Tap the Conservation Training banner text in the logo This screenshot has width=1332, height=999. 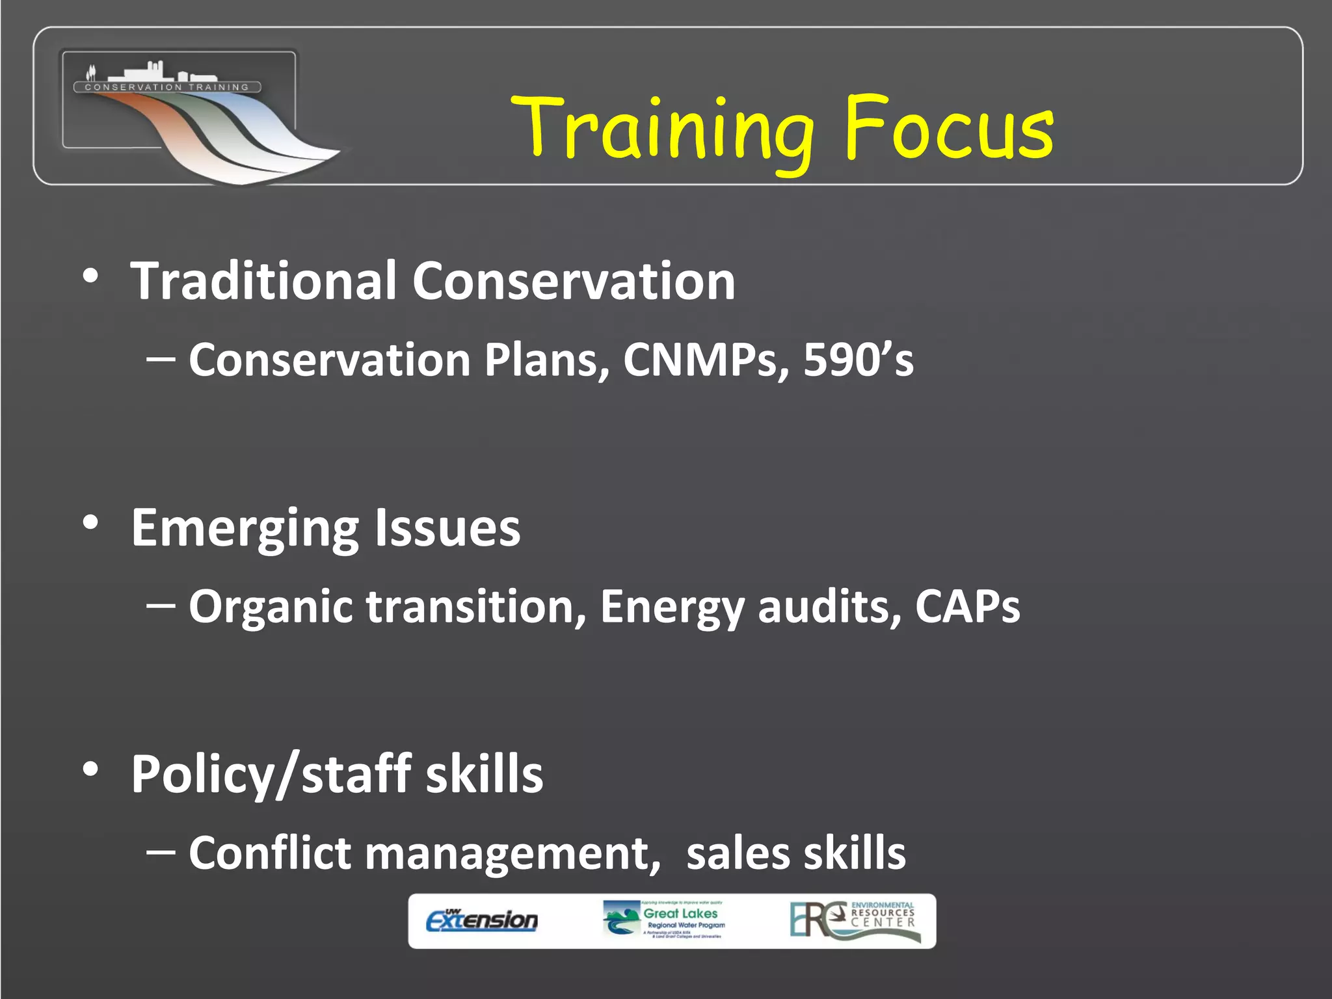[167, 87]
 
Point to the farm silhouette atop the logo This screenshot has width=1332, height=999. [150, 71]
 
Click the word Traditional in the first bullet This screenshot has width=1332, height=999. [263, 281]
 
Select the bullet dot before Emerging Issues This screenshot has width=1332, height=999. [90, 522]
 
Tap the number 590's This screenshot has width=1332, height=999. [858, 360]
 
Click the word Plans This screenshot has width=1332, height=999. [546, 360]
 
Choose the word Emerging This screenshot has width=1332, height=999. [245, 528]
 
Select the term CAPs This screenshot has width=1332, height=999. [967, 606]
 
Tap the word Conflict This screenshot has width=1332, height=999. [269, 853]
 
